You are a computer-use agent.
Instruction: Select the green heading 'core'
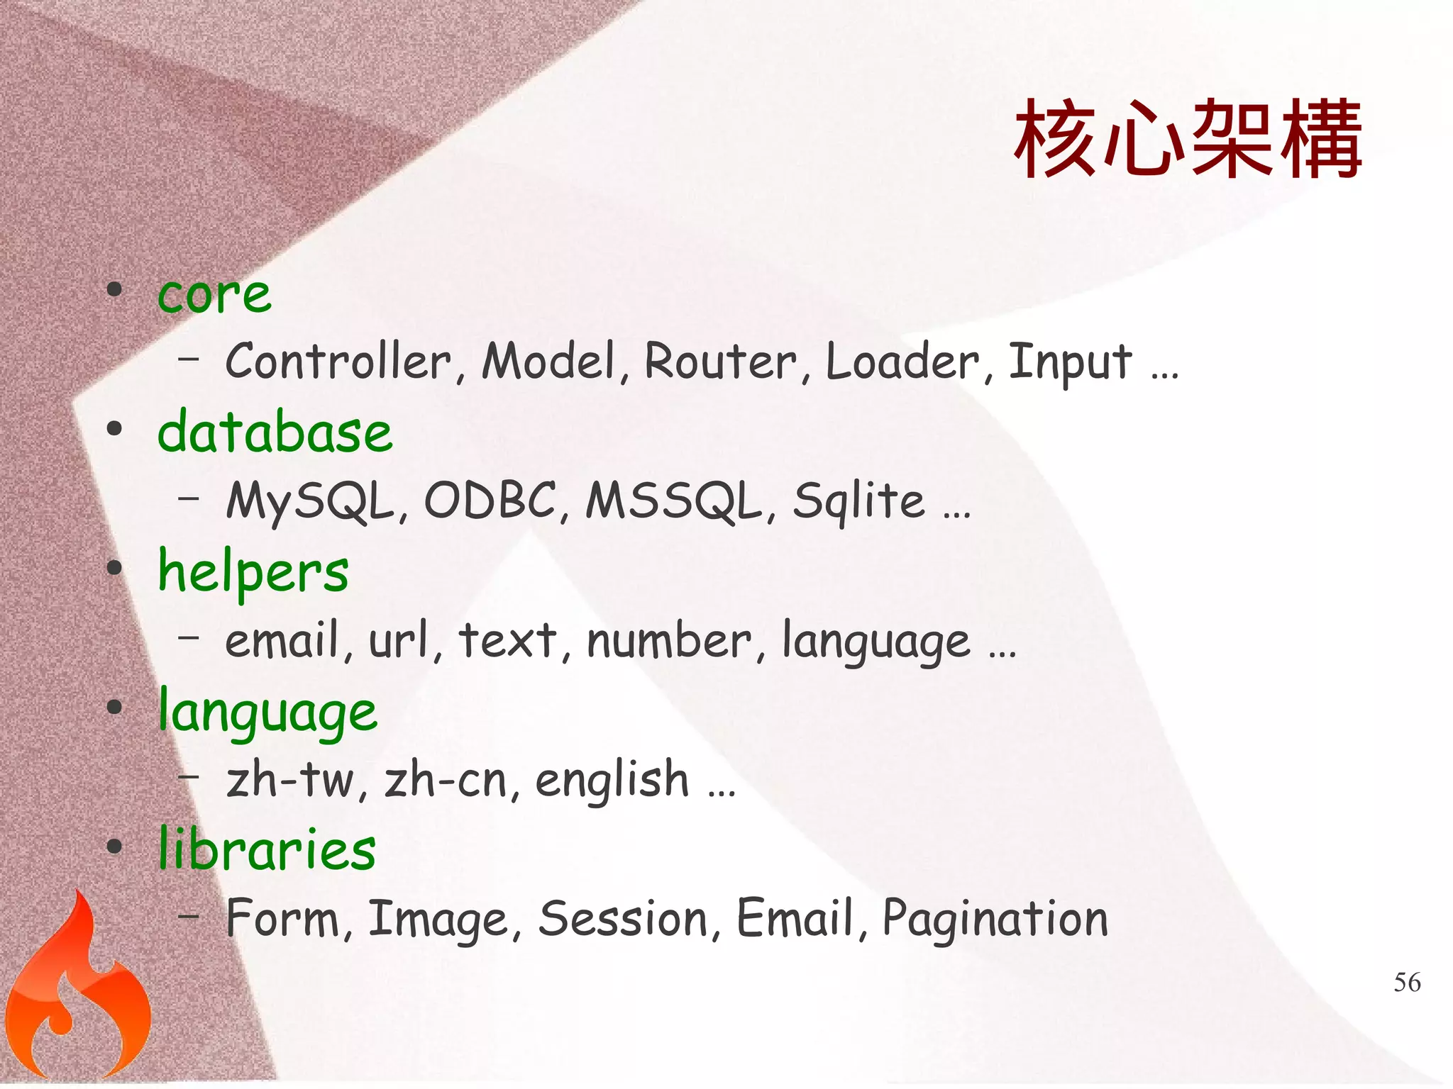pos(214,294)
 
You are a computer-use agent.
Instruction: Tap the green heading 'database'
pos(275,432)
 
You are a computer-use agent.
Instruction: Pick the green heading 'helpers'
pos(253,571)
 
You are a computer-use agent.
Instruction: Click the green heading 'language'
pos(267,711)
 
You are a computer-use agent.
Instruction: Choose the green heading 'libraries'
pos(267,849)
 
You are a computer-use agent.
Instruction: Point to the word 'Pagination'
pos(995,920)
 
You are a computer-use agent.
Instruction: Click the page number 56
pos(1407,983)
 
